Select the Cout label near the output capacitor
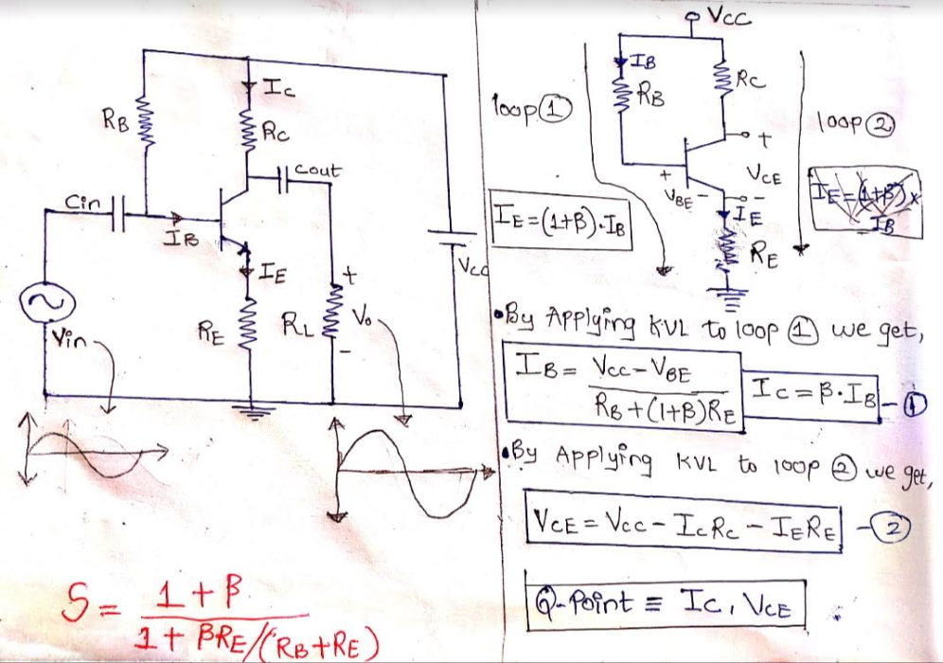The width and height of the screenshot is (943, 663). pos(317,170)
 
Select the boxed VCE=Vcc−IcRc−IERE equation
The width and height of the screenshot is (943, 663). pos(682,525)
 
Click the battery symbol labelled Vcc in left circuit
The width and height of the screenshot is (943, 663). pos(455,234)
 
